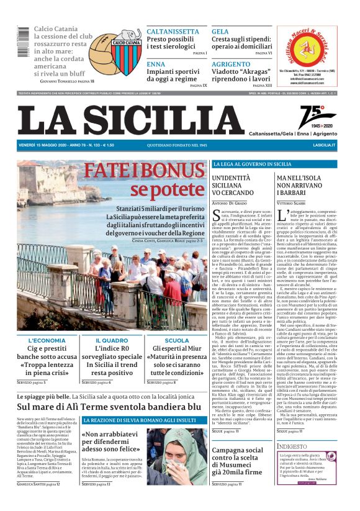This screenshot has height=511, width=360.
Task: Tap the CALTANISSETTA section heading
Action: click(173, 32)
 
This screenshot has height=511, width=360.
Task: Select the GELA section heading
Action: click(220, 32)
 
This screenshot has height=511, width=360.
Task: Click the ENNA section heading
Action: click(156, 64)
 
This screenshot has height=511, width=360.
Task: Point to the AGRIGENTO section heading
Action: click(230, 64)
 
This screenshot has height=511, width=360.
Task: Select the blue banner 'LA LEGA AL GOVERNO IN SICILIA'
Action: click(252, 164)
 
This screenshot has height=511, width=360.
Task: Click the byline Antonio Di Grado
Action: click(229, 203)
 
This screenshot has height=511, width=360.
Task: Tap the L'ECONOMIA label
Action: click(47, 340)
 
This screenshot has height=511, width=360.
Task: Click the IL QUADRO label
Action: click(112, 340)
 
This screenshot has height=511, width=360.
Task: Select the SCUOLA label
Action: click(177, 340)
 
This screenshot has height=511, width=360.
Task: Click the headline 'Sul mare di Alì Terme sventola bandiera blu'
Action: click(109, 407)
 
